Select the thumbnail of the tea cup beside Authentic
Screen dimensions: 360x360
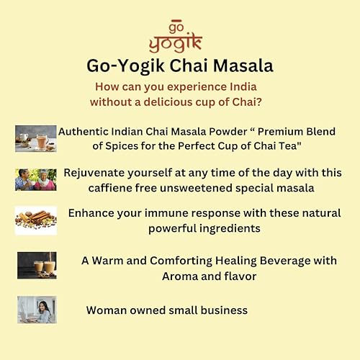point(35,138)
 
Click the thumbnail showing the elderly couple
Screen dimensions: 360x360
point(35,179)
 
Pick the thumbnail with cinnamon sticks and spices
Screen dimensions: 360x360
point(35,220)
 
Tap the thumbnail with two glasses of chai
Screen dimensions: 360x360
point(36,265)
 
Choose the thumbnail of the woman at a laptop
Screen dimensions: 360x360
point(36,310)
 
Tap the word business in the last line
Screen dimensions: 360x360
point(220,310)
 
